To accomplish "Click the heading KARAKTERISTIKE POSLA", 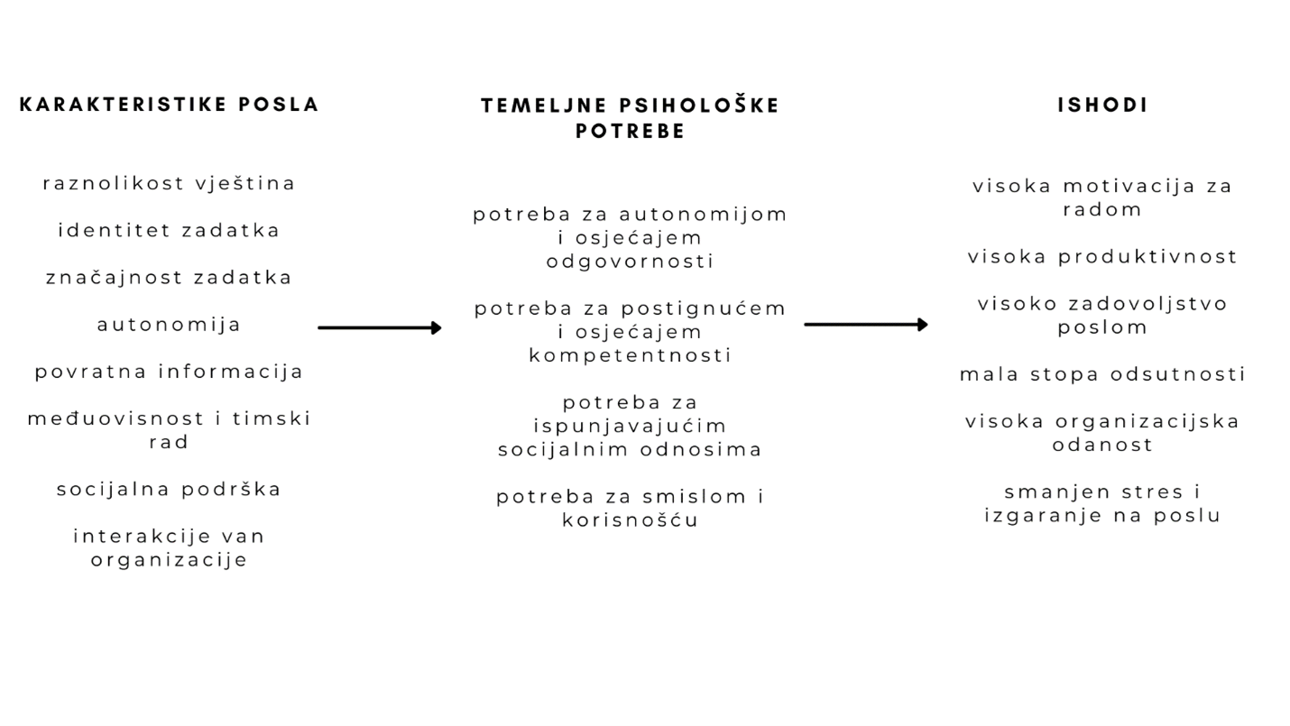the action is [x=170, y=105].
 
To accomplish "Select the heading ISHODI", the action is [x=1103, y=105].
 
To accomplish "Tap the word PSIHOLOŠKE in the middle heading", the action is [x=699, y=106].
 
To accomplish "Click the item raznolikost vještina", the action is [x=170, y=183].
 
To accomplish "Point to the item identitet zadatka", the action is [x=170, y=230].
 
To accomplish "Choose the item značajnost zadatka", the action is [x=170, y=278].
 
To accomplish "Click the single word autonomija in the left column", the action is [x=170, y=325].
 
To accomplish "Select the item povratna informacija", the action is [x=170, y=372].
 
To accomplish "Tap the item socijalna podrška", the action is [x=170, y=490].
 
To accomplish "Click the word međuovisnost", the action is [x=115, y=418].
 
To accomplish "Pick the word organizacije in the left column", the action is [x=170, y=560].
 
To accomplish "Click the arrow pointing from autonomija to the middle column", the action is [x=380, y=327].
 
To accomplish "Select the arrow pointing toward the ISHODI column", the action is [x=866, y=325].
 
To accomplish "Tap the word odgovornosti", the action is [x=631, y=262].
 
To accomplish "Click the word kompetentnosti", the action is [x=631, y=355].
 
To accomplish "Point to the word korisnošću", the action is [x=631, y=520].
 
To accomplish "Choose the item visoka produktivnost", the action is [x=1103, y=257].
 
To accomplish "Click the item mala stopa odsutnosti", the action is [x=1103, y=374].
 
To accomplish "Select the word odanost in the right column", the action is [x=1103, y=445].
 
